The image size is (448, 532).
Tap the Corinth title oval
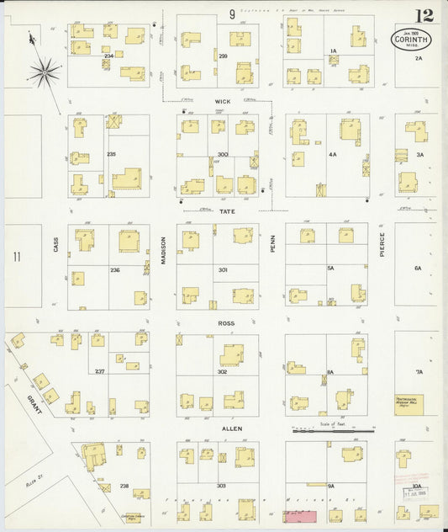pos(409,39)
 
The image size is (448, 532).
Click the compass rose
pos(45,69)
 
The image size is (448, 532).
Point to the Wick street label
pos(222,101)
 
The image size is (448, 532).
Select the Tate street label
pos(227,211)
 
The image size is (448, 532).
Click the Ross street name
pos(224,322)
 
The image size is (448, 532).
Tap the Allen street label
pos(231,428)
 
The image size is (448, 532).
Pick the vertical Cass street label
pos(56,244)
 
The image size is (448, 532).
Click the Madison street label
pos(163,251)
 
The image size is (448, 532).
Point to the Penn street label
pos(272,244)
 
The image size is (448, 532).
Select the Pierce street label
pos(382,242)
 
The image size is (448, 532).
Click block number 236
pos(115,269)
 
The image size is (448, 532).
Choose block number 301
pos(223,269)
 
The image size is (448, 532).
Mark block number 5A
pos(330,268)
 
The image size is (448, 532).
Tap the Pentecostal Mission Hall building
pos(409,402)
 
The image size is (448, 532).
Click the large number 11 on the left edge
pos(16,256)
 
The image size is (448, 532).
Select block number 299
pos(223,56)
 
